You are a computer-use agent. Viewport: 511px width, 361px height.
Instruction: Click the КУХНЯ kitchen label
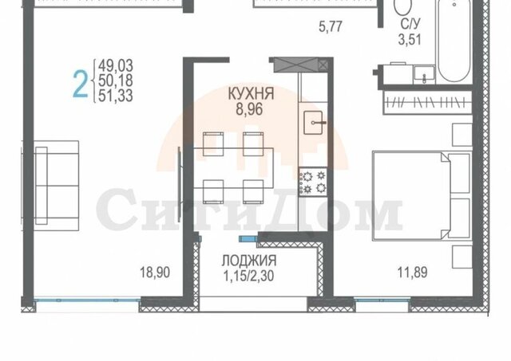tap(251, 94)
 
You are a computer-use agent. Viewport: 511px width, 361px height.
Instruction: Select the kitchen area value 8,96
tap(249, 109)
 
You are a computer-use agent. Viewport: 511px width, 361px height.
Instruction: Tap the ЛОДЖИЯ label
tap(249, 261)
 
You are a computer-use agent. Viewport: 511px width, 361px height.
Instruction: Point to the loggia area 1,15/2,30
tap(248, 276)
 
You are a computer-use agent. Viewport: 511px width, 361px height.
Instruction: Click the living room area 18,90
tap(155, 273)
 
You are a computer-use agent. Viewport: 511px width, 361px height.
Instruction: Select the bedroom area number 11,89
tap(412, 273)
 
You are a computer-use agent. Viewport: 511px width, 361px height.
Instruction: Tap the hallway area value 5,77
tap(331, 26)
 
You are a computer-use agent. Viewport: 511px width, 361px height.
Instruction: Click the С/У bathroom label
tap(410, 24)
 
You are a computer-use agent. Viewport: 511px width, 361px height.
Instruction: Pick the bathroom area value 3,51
tap(410, 39)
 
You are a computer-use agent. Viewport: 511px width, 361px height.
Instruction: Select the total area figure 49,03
tap(116, 65)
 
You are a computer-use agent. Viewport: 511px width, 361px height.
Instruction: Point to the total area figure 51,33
tap(116, 96)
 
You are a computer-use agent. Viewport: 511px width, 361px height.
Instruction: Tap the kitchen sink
tap(314, 123)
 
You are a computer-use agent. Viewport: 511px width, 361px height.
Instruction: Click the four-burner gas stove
tap(313, 182)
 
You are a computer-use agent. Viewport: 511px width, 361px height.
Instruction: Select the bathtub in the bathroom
tap(454, 41)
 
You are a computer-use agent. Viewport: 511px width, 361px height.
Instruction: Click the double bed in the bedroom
tap(422, 195)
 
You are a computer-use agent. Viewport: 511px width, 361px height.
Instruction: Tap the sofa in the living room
tap(57, 186)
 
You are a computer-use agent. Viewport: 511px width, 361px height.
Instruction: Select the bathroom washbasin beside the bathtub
tap(424, 74)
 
